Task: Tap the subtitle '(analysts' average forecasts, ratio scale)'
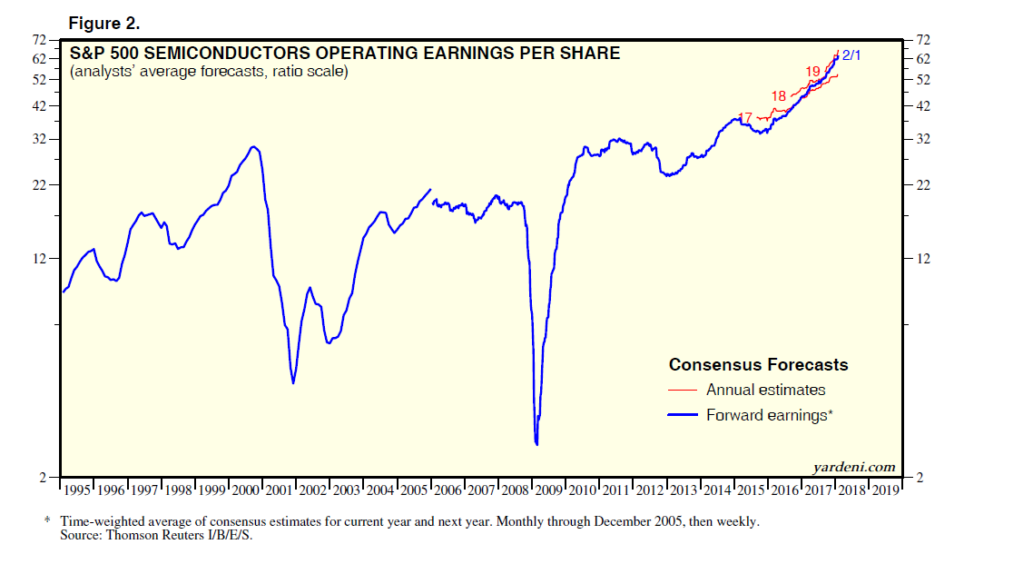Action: click(x=209, y=72)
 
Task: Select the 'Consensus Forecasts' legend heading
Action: click(x=758, y=365)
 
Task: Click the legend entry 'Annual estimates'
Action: click(x=765, y=390)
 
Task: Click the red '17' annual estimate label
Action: click(x=745, y=117)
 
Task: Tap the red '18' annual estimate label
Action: click(x=779, y=96)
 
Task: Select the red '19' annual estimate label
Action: click(x=812, y=72)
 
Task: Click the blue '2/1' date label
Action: click(x=851, y=56)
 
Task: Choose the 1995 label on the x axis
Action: click(x=76, y=490)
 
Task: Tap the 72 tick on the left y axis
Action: click(x=40, y=41)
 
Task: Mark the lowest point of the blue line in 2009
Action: click(x=537, y=444)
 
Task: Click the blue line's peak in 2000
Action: click(x=253, y=146)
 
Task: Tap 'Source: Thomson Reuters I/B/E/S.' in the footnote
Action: click(x=157, y=534)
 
